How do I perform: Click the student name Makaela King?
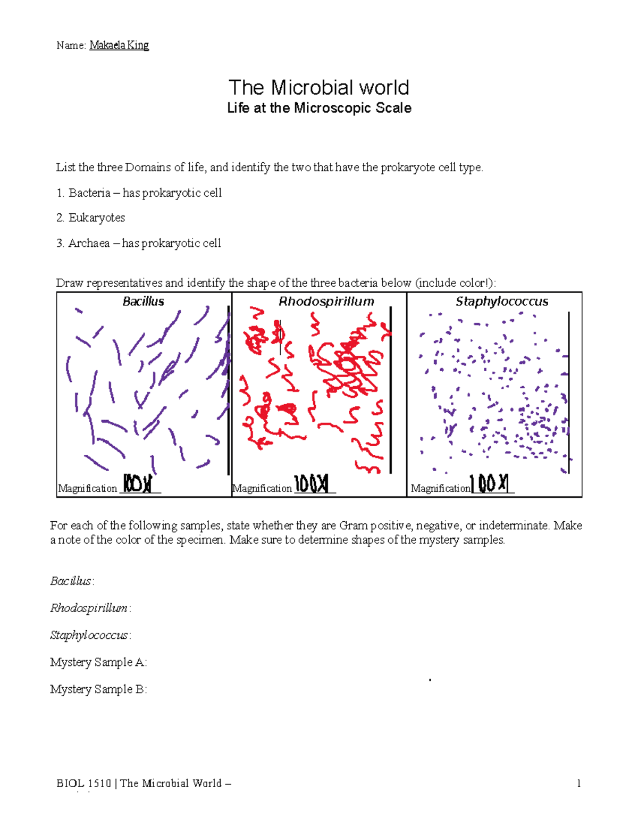(x=119, y=45)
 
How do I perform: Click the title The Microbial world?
(x=318, y=88)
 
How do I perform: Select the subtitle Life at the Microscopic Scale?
(x=319, y=108)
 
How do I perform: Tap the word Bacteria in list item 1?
(x=89, y=193)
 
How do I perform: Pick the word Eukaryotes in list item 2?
(x=97, y=218)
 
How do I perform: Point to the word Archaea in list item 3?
(x=89, y=244)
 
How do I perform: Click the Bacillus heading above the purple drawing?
(x=143, y=302)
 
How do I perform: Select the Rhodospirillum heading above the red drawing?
(x=326, y=302)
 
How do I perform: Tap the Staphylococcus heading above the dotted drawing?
(x=501, y=302)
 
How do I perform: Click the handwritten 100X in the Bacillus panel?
(x=138, y=484)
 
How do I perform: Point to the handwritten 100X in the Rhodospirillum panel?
(x=312, y=484)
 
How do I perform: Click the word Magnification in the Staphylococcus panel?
(x=440, y=488)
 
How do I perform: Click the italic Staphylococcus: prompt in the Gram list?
(x=90, y=635)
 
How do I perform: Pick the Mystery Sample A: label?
(x=98, y=662)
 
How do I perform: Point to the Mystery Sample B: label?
(x=98, y=689)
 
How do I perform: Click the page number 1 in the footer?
(x=578, y=783)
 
